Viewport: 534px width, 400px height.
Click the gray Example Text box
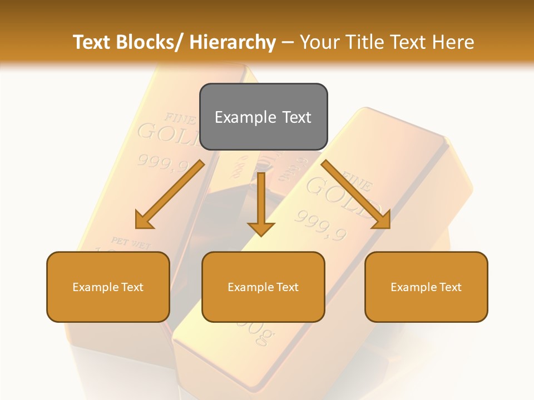point(263,117)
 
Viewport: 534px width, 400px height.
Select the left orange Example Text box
point(108,287)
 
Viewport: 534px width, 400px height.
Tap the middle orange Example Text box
point(263,287)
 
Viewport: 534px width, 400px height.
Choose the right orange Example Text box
point(426,287)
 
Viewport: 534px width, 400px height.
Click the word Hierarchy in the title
point(233,42)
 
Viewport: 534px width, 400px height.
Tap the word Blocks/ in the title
point(150,42)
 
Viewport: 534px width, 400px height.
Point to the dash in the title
point(288,42)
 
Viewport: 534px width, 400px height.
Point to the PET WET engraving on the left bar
point(130,242)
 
